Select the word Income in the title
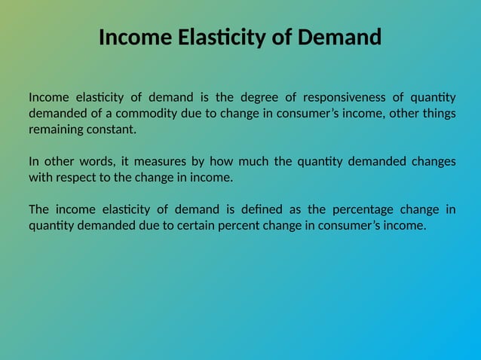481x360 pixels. tap(132, 36)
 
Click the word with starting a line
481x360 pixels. tap(40, 178)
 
